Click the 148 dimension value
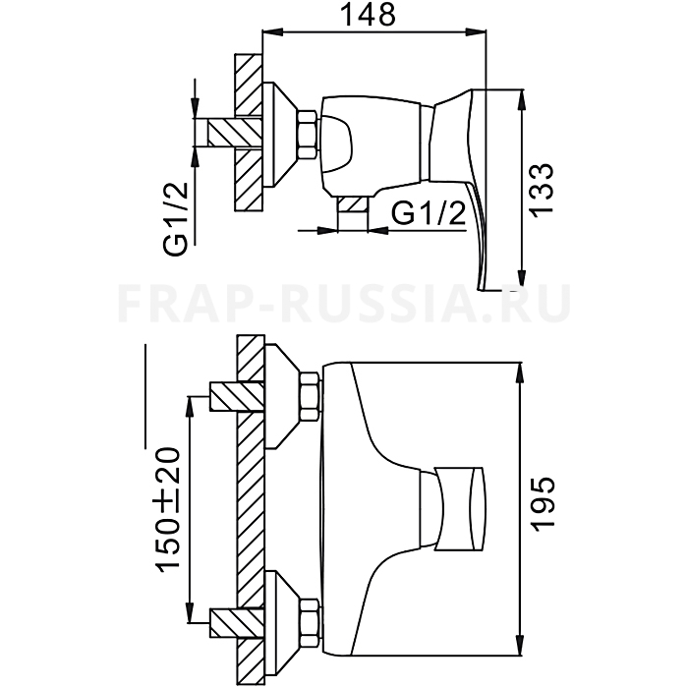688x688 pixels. coord(368,15)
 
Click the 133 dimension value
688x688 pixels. coord(542,189)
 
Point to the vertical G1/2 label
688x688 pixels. coord(175,218)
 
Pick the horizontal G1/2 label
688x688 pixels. coord(428,214)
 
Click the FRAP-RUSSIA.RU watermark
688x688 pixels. coord(344,304)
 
